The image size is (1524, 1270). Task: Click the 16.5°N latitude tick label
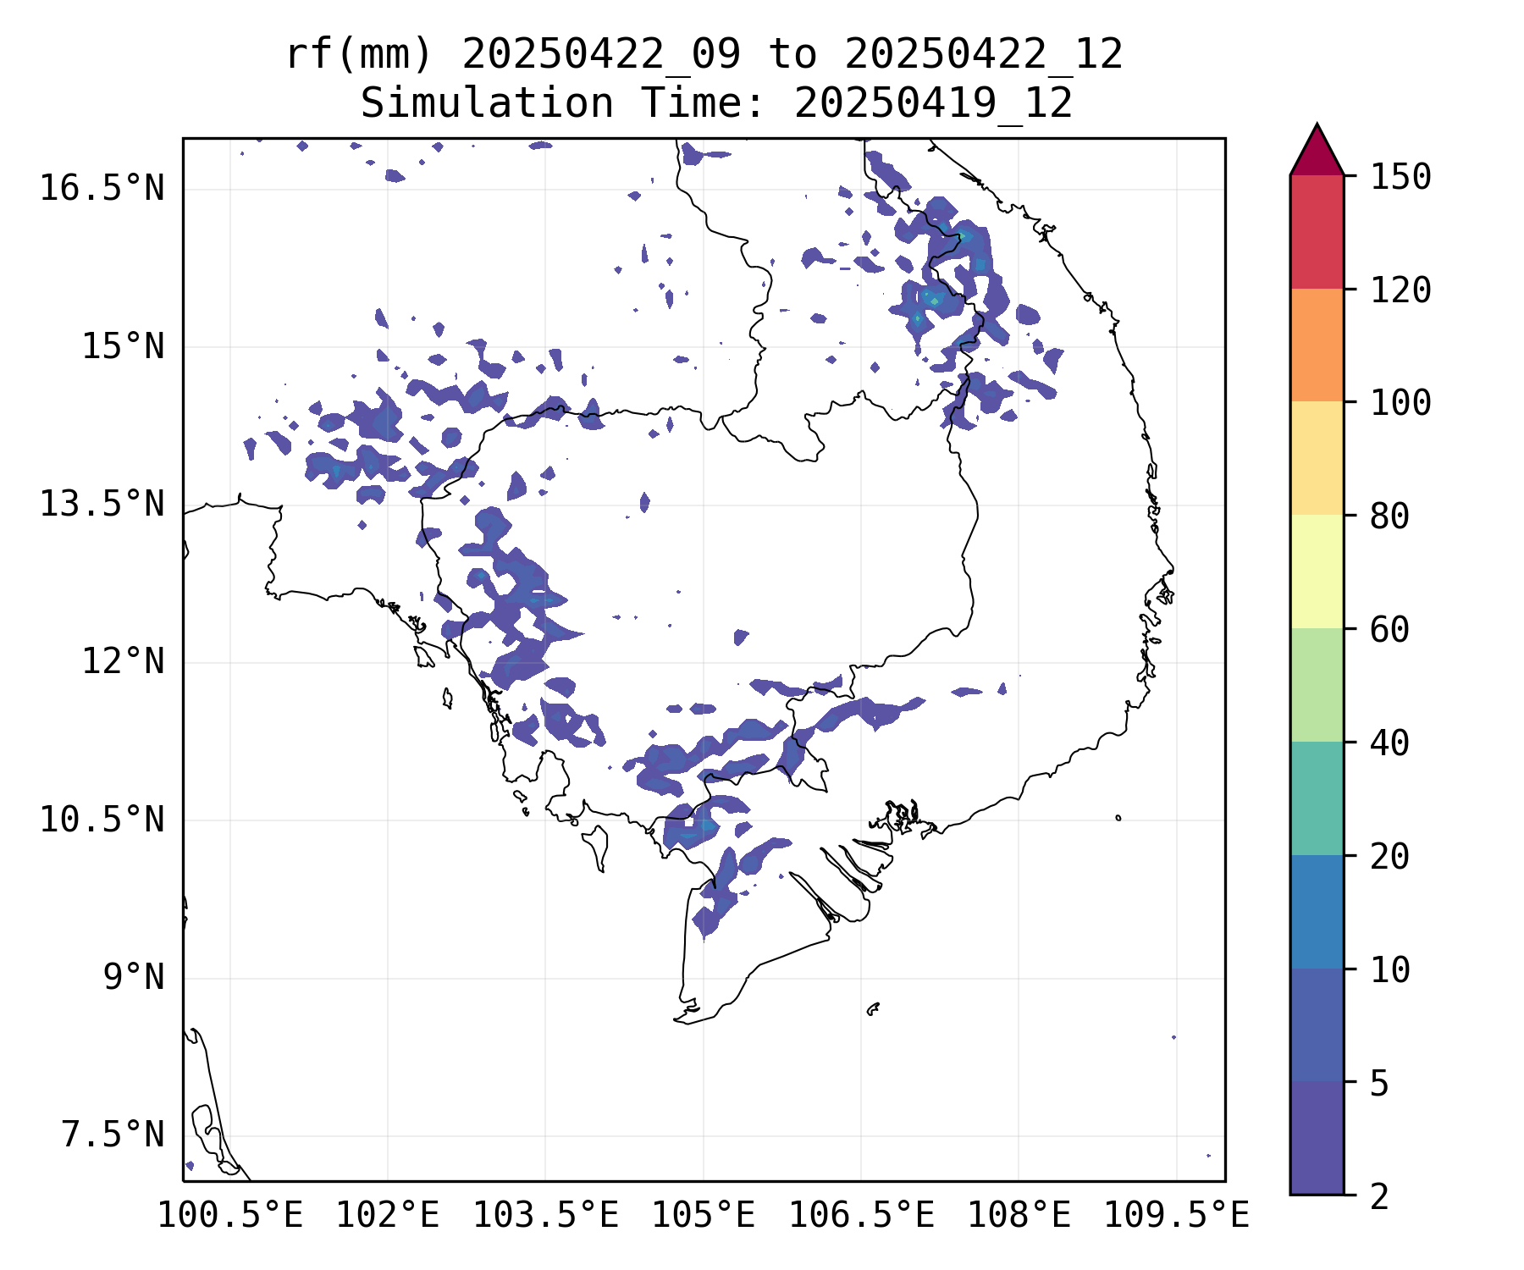point(102,188)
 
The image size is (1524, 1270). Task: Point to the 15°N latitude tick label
point(123,346)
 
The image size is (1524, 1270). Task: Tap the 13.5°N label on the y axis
point(102,505)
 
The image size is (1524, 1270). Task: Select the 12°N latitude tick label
point(123,661)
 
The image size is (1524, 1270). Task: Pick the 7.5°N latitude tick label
point(113,1135)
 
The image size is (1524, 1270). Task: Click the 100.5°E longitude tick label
point(230,1216)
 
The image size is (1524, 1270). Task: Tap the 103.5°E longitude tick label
point(545,1216)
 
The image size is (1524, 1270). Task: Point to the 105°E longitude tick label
point(703,1216)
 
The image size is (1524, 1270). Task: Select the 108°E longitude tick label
point(1019,1216)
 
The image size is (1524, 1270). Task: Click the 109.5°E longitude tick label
point(1176,1216)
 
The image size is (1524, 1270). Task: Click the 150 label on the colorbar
point(1400,178)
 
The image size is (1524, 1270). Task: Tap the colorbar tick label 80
point(1389,516)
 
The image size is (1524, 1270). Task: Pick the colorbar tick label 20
point(1389,856)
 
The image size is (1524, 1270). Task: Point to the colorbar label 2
point(1379,1196)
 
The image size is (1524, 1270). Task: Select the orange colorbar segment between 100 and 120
point(1317,345)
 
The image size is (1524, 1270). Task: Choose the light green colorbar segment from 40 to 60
point(1317,684)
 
